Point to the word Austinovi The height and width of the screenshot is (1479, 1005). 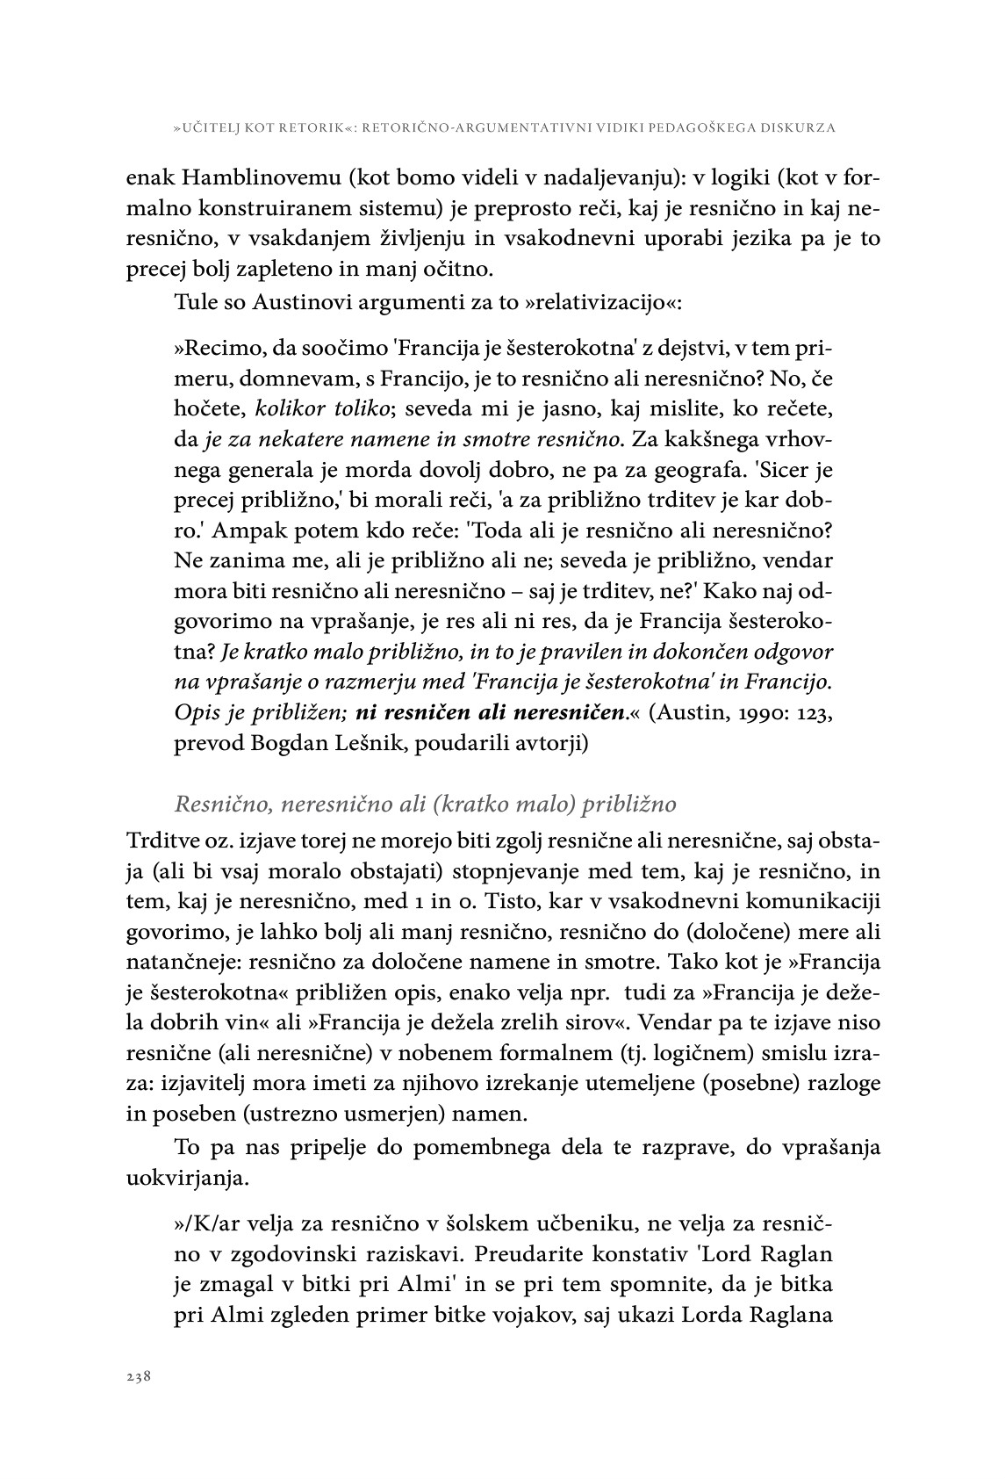296,303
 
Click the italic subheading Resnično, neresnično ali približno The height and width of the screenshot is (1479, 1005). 425,804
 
